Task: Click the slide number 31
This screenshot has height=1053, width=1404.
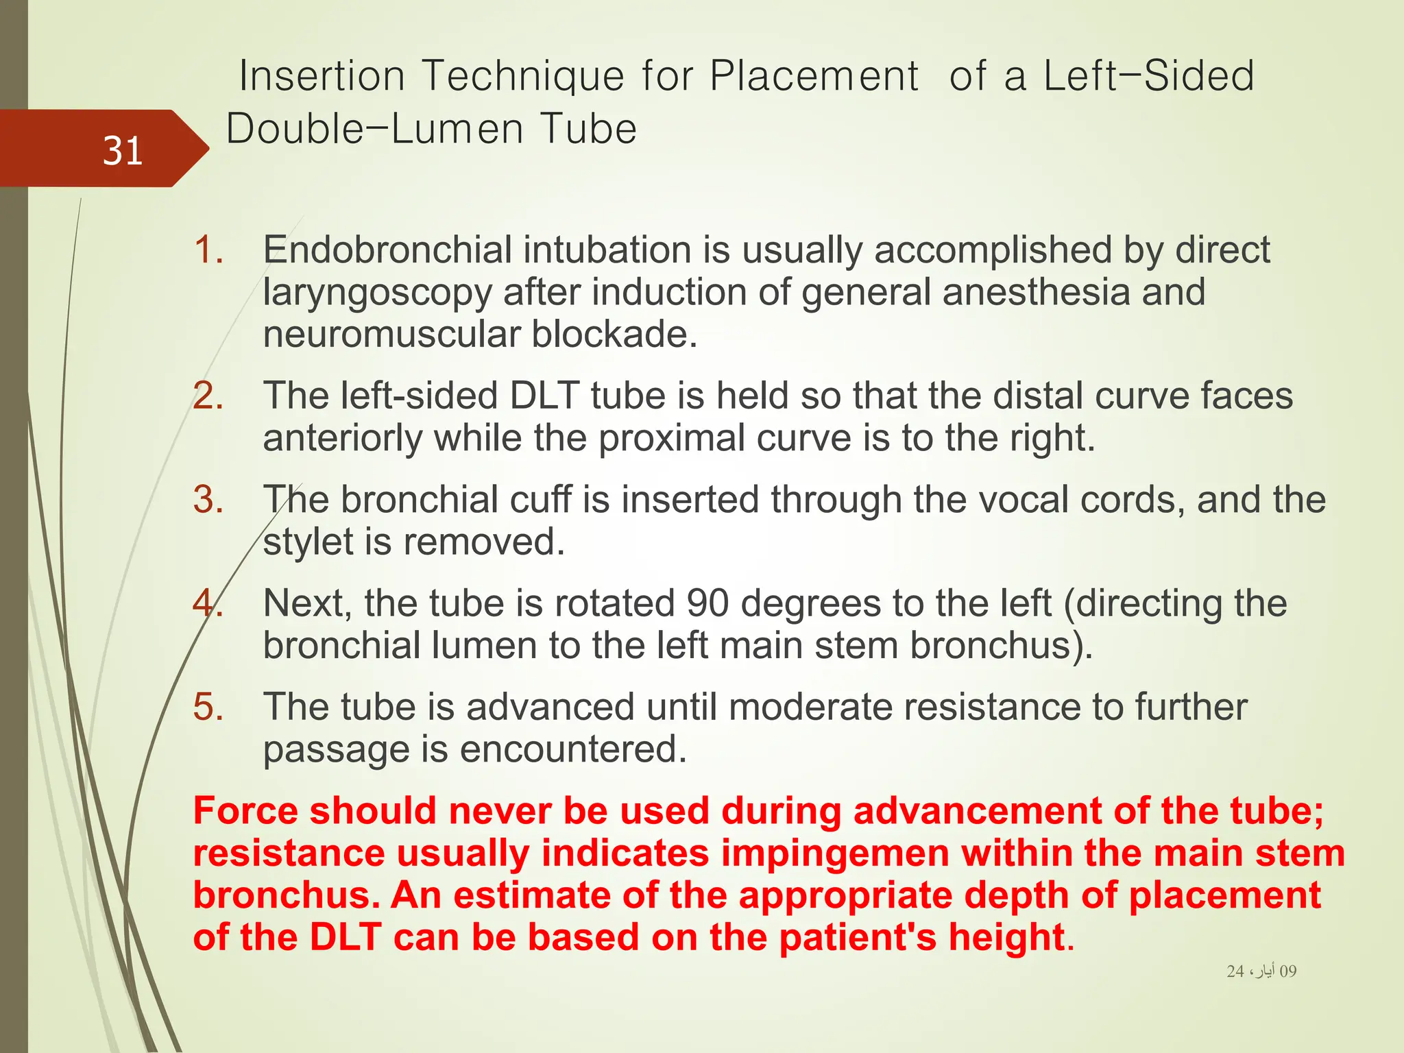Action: pyautogui.click(x=123, y=151)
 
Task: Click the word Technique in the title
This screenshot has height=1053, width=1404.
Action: pyautogui.click(x=523, y=75)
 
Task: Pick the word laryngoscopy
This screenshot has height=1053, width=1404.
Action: pyautogui.click(x=377, y=293)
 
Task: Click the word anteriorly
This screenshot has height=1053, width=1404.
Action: pyautogui.click(x=342, y=438)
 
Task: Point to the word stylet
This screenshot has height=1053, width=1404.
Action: pyautogui.click(x=308, y=542)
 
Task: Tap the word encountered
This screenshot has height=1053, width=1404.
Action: pyautogui.click(x=572, y=749)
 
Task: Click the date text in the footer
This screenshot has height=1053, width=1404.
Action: pyautogui.click(x=1261, y=971)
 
